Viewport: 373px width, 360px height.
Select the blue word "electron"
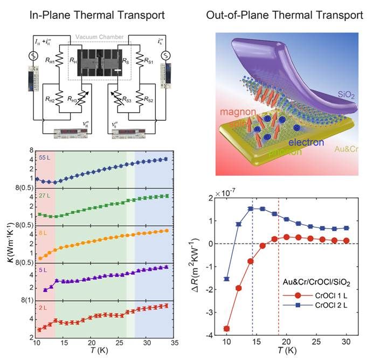pyautogui.click(x=305, y=143)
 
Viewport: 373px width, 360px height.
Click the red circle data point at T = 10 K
pyautogui.click(x=226, y=328)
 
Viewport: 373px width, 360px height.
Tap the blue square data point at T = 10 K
pyautogui.click(x=226, y=279)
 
